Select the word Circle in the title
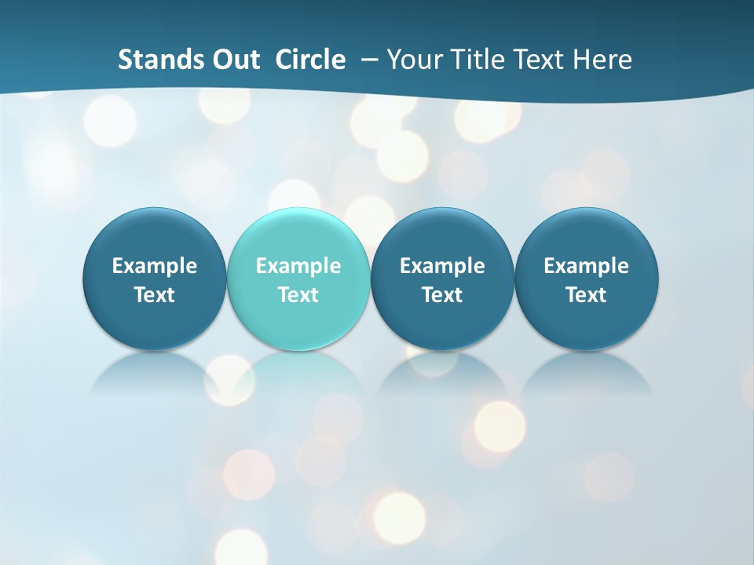310,60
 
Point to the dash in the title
366,60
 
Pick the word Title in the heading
481,60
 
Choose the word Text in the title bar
541,60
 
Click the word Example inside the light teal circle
298,266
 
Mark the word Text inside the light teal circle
298,295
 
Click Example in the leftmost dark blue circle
155,266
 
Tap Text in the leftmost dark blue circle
155,295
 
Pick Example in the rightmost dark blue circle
586,266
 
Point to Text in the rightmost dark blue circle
586,295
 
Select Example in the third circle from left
442,266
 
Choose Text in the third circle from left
442,295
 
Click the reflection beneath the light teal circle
298,373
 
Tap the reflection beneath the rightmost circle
586,373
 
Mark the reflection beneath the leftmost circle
155,373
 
